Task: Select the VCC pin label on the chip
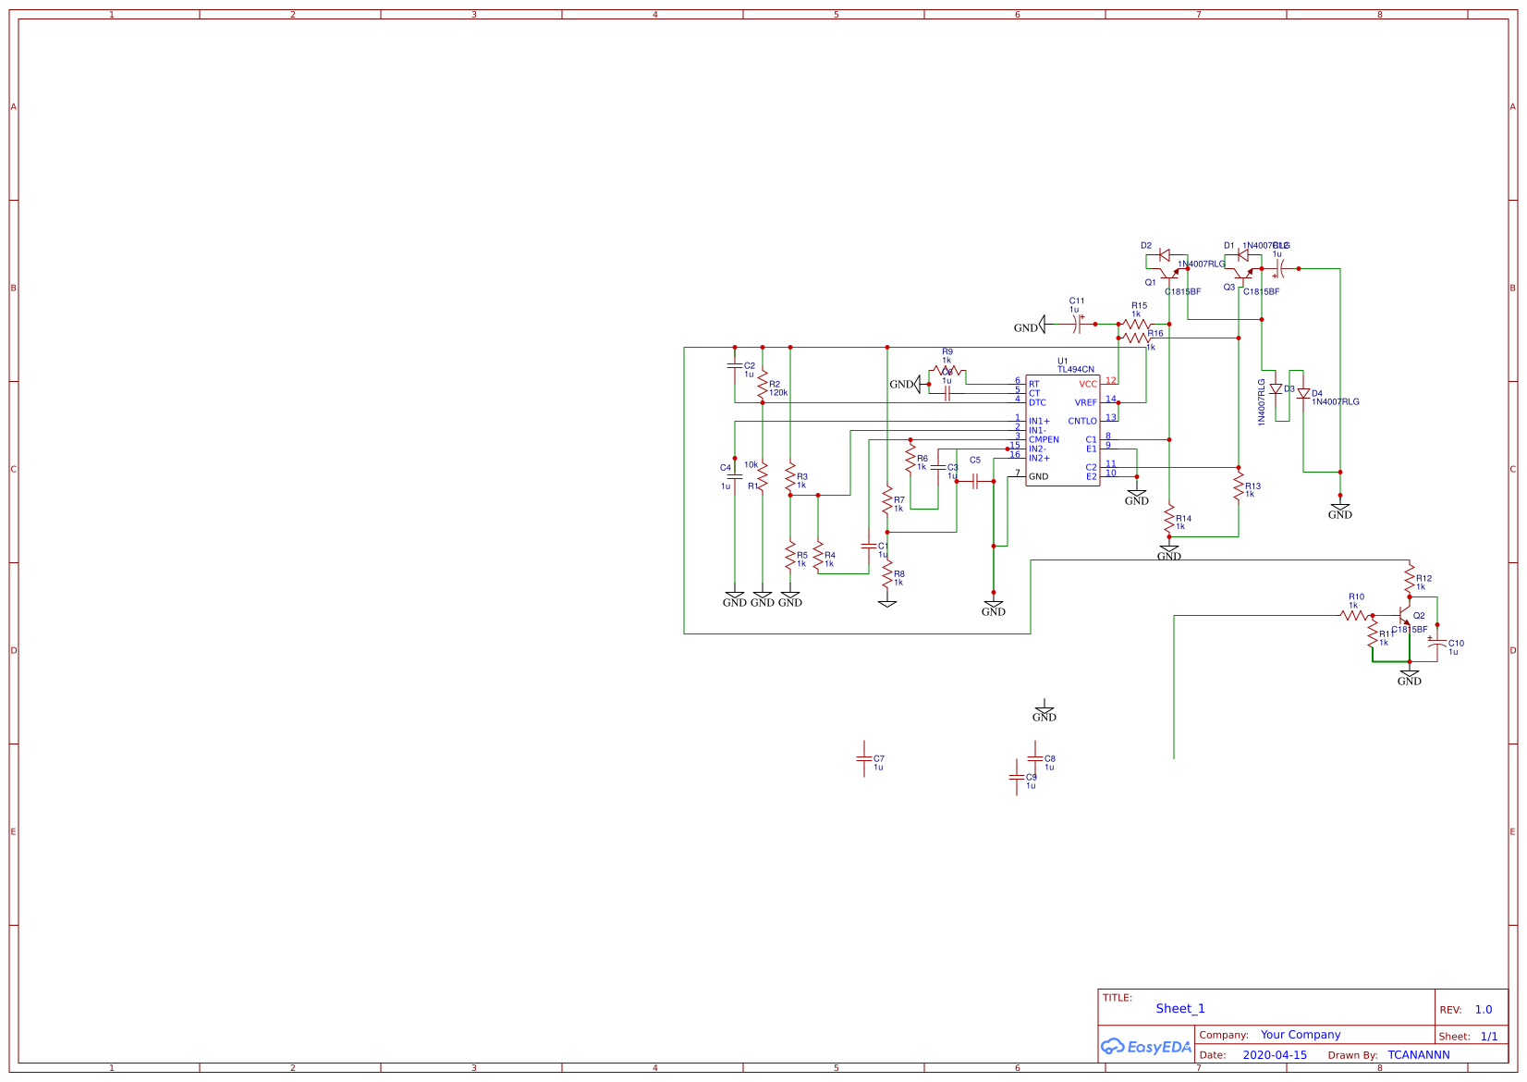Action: point(1087,384)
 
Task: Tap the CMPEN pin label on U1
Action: point(1044,439)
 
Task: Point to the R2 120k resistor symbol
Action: point(763,388)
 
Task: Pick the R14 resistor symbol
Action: point(1169,519)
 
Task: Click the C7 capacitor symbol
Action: point(864,758)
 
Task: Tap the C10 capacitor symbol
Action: point(1437,645)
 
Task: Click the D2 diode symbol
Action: point(1165,254)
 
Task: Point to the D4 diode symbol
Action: point(1303,394)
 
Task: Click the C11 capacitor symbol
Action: point(1078,324)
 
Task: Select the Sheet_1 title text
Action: point(1180,1009)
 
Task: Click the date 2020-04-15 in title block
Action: point(1275,1055)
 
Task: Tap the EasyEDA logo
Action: point(1146,1047)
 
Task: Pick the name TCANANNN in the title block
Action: point(1418,1055)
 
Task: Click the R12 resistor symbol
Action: point(1410,581)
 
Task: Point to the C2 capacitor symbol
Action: point(735,366)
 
